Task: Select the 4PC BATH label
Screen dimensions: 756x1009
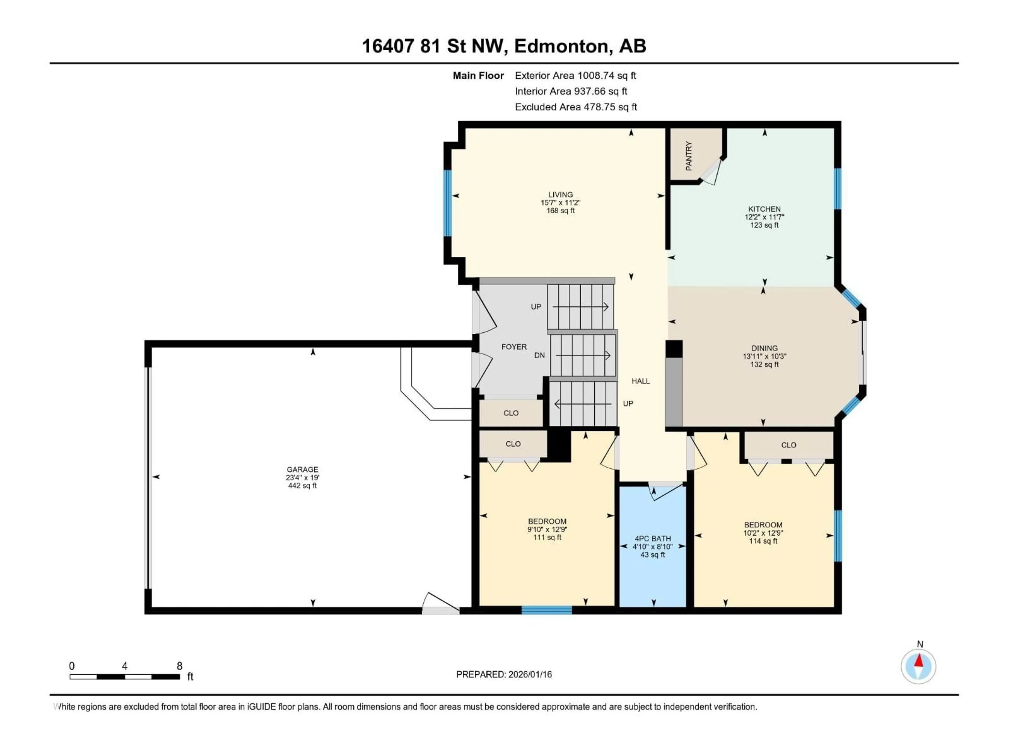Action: pos(653,538)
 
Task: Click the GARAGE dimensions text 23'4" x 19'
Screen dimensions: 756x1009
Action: pos(302,477)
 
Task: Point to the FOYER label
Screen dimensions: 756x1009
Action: pos(514,347)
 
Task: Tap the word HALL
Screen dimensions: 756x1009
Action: pos(640,381)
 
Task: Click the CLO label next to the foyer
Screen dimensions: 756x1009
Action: pos(511,413)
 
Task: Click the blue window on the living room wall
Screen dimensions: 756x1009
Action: pos(447,203)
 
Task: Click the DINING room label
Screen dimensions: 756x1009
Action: pos(765,348)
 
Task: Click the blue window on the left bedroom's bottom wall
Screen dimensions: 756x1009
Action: pos(547,610)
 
